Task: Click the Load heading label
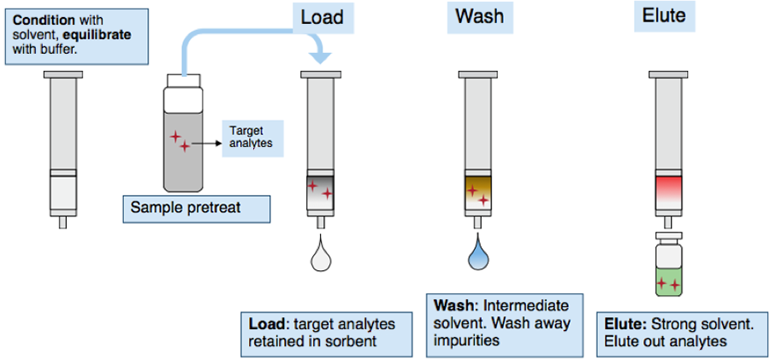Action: point(323,18)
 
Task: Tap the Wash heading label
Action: point(480,17)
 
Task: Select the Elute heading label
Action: point(664,15)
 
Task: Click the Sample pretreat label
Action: point(186,207)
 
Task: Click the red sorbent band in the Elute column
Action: point(668,186)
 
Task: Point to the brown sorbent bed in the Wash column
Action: point(477,193)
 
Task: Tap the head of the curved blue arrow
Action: point(321,56)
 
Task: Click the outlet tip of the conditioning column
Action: point(62,223)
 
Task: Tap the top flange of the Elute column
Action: point(668,74)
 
